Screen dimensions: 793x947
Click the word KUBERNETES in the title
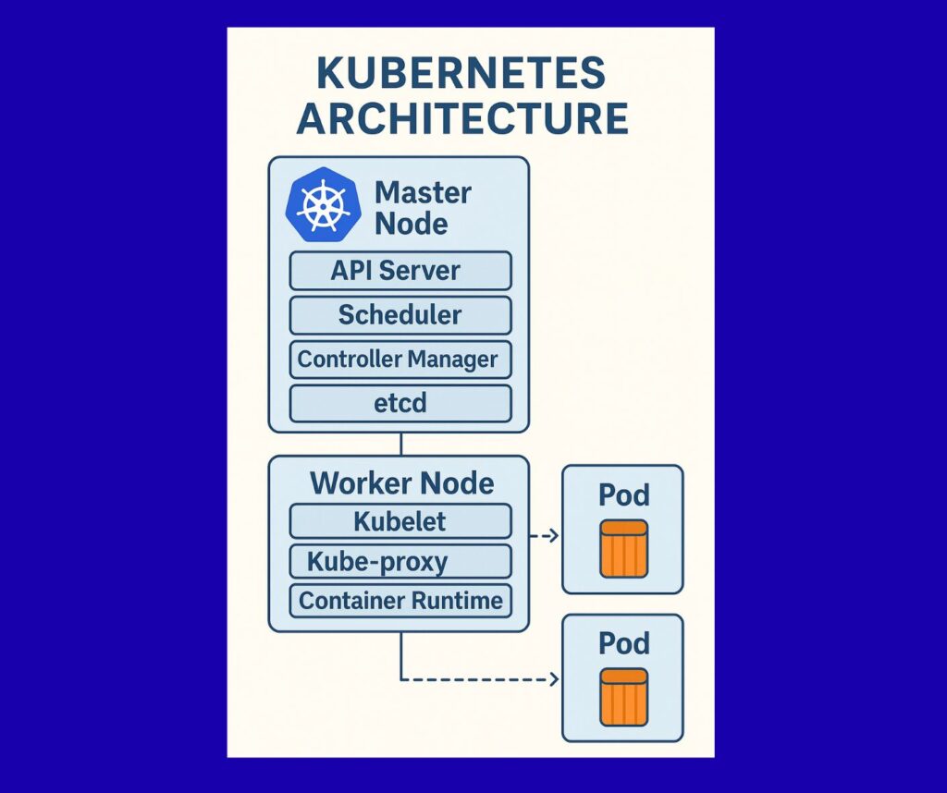[x=461, y=75]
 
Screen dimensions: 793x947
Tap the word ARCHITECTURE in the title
[x=461, y=120]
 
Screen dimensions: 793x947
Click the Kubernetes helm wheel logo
[x=323, y=204]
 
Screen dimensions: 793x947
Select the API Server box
[x=400, y=271]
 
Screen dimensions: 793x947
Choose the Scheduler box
[x=400, y=315]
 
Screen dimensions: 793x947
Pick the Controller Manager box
[x=400, y=359]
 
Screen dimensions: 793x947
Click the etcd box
[x=400, y=403]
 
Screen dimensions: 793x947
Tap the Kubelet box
[x=400, y=521]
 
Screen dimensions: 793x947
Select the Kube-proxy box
[x=400, y=561]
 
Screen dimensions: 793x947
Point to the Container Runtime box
[x=400, y=601]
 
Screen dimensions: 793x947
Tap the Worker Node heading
[x=401, y=483]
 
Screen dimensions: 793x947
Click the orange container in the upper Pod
[x=623, y=548]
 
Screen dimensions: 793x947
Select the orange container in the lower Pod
[x=623, y=697]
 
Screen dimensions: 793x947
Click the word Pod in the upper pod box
[x=623, y=494]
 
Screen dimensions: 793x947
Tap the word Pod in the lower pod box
[x=623, y=642]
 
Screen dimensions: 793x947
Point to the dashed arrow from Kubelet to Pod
[x=543, y=535]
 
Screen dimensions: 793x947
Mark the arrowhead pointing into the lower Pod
[x=554, y=680]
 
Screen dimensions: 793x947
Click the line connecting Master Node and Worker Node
[x=400, y=444]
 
